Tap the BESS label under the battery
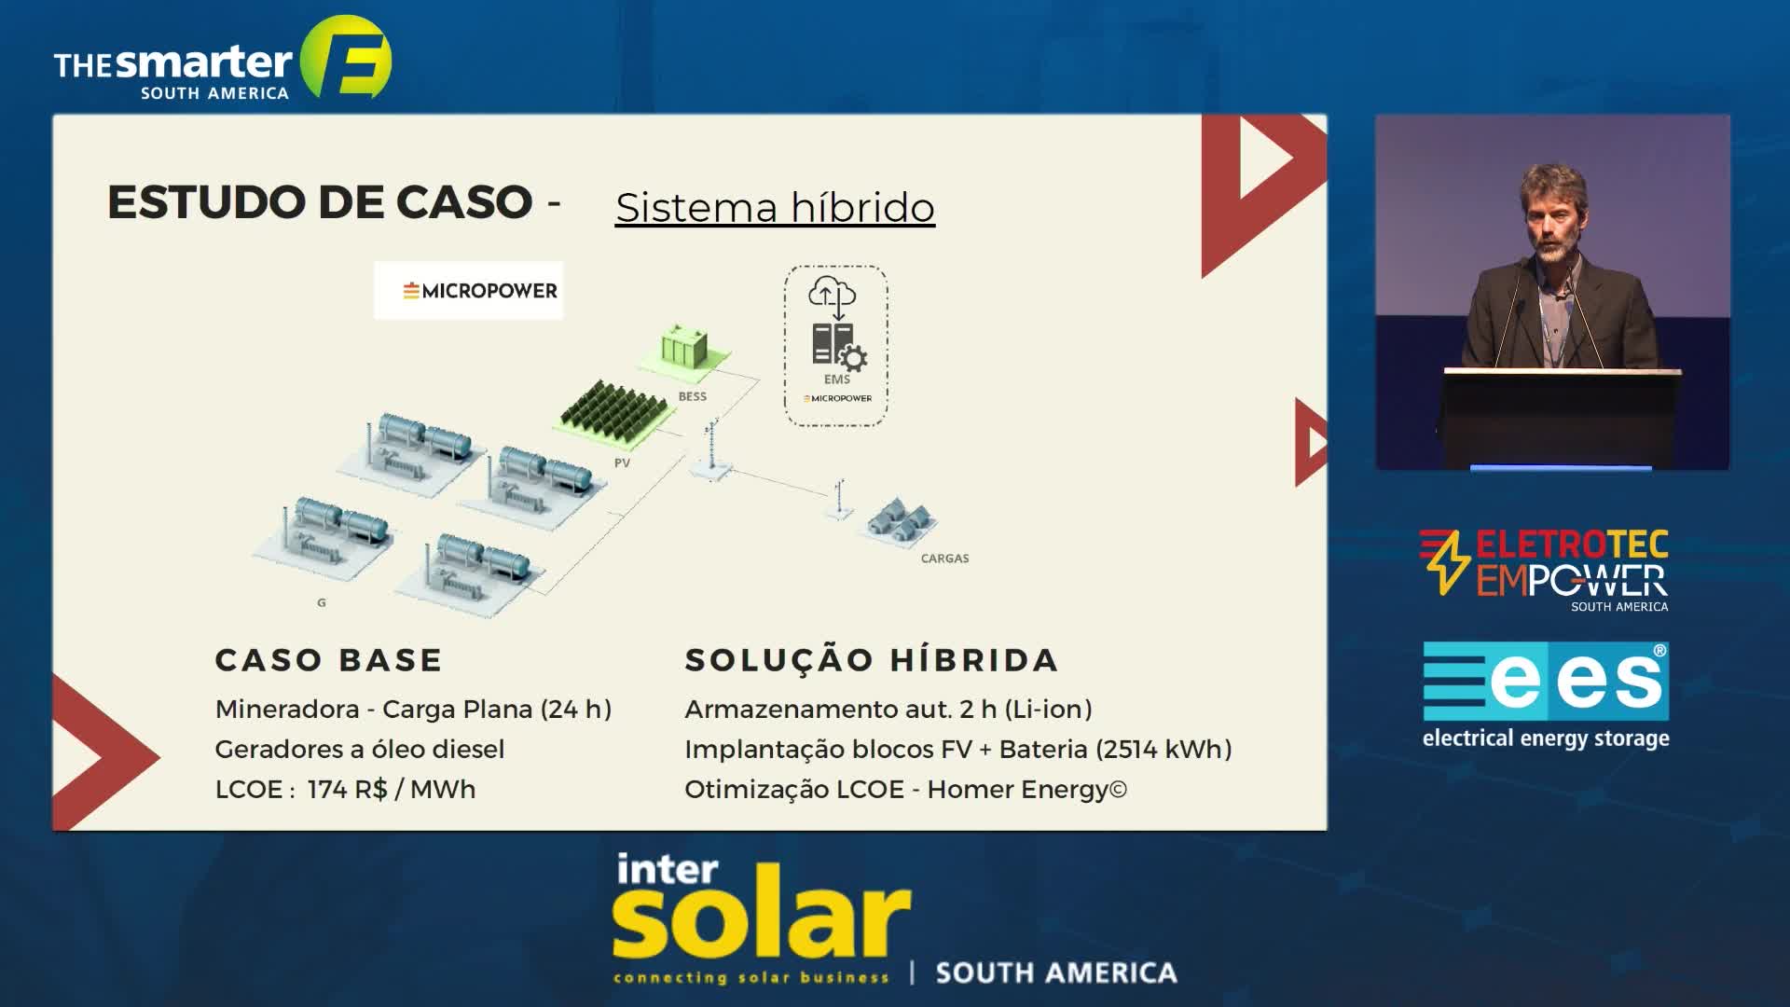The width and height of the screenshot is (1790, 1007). coord(692,396)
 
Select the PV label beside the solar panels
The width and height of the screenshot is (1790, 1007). coord(622,462)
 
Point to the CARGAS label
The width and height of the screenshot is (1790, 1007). coord(944,559)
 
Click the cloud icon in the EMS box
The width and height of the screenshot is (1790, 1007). coord(832,293)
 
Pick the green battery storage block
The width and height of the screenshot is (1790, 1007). coord(684,351)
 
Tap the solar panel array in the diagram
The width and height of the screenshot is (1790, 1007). coord(612,409)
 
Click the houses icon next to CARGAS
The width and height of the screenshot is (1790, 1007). coord(900,520)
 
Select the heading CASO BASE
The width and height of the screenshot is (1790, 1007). coord(328,660)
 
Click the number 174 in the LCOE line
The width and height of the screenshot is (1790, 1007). coord(327,790)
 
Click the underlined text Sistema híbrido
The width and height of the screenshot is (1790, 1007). coord(775,207)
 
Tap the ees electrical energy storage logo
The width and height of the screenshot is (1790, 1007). coord(1546,696)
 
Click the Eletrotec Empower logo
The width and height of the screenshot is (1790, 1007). coord(1544,570)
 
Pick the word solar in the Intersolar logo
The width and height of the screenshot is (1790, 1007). coord(761,920)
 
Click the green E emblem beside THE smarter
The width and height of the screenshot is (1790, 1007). coord(346,57)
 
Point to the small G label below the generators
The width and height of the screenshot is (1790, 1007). coord(322,603)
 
